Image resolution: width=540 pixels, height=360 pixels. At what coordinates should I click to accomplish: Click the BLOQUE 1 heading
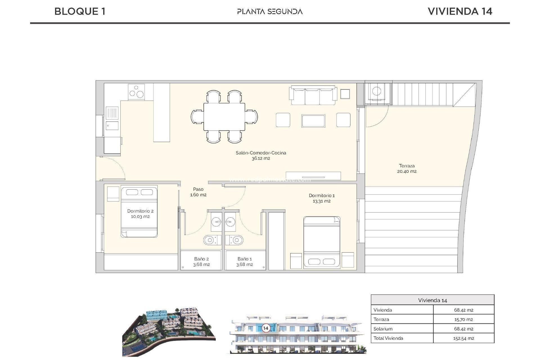click(80, 12)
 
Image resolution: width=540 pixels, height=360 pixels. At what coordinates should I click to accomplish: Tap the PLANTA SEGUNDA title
click(270, 12)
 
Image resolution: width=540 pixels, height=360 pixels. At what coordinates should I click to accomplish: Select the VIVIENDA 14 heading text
click(460, 12)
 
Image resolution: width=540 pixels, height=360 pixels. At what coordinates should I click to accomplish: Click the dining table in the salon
click(224, 117)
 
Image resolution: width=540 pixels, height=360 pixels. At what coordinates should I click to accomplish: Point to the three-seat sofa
click(313, 96)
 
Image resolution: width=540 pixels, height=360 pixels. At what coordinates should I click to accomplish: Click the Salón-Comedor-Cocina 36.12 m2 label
click(261, 156)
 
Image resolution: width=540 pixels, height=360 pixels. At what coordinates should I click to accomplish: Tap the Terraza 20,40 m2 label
click(407, 168)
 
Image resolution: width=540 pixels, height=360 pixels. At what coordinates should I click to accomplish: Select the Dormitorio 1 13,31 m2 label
click(321, 198)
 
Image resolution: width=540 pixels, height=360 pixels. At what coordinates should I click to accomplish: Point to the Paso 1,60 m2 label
click(198, 192)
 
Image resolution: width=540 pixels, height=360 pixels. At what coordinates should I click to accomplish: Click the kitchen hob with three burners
click(136, 92)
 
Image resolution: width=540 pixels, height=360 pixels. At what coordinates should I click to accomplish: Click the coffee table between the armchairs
click(313, 121)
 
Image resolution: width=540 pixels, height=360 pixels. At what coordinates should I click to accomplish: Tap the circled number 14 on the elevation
click(265, 328)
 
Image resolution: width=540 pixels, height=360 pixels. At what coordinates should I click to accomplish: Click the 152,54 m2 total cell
click(463, 338)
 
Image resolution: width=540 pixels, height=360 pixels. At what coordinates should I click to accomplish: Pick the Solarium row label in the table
click(383, 329)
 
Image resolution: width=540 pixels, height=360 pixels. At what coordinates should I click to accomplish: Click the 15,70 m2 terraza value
click(463, 319)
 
